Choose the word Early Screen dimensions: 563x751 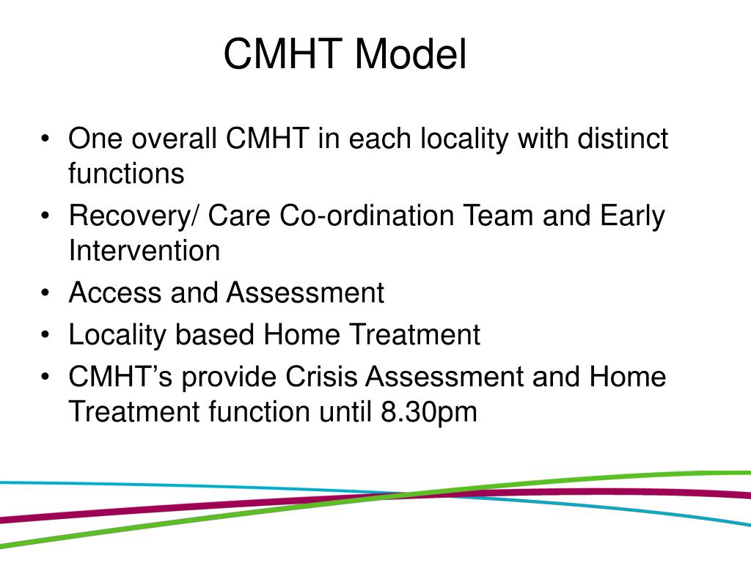[632, 216]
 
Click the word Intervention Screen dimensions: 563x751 [144, 251]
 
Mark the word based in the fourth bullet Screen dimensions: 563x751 [216, 335]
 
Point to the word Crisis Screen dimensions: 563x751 [322, 377]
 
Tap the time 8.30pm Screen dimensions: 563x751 [428, 411]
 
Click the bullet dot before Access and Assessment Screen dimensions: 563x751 [46, 293]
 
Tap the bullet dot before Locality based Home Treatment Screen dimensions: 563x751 [46, 336]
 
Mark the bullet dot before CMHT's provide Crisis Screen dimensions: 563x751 [46, 378]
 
